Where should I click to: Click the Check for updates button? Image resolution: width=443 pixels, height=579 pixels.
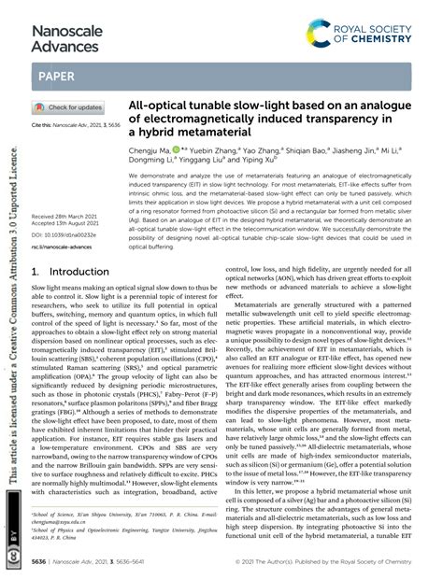click(x=69, y=107)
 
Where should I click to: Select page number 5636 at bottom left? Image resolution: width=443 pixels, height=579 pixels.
click(x=43, y=564)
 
